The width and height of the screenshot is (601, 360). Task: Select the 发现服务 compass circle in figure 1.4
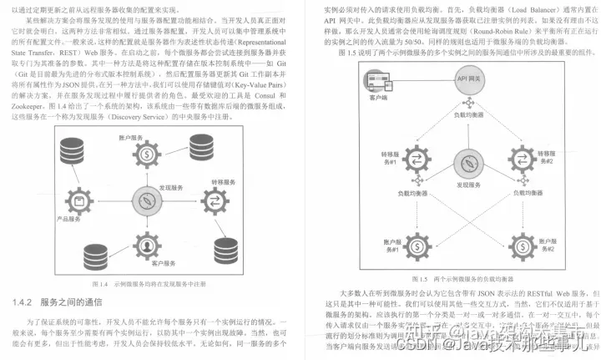pos(147,200)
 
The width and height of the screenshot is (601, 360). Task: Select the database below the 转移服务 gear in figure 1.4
pos(225,248)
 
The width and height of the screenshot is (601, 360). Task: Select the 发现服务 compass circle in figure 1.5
pos(470,164)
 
